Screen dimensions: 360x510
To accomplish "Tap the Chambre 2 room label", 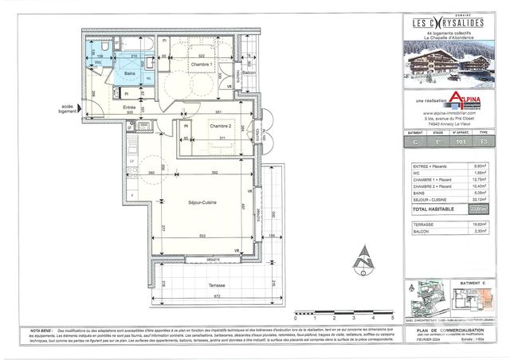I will coord(220,127).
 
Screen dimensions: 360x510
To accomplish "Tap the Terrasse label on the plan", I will coord(212,286).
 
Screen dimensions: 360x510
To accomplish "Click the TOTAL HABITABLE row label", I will coord(433,208).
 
